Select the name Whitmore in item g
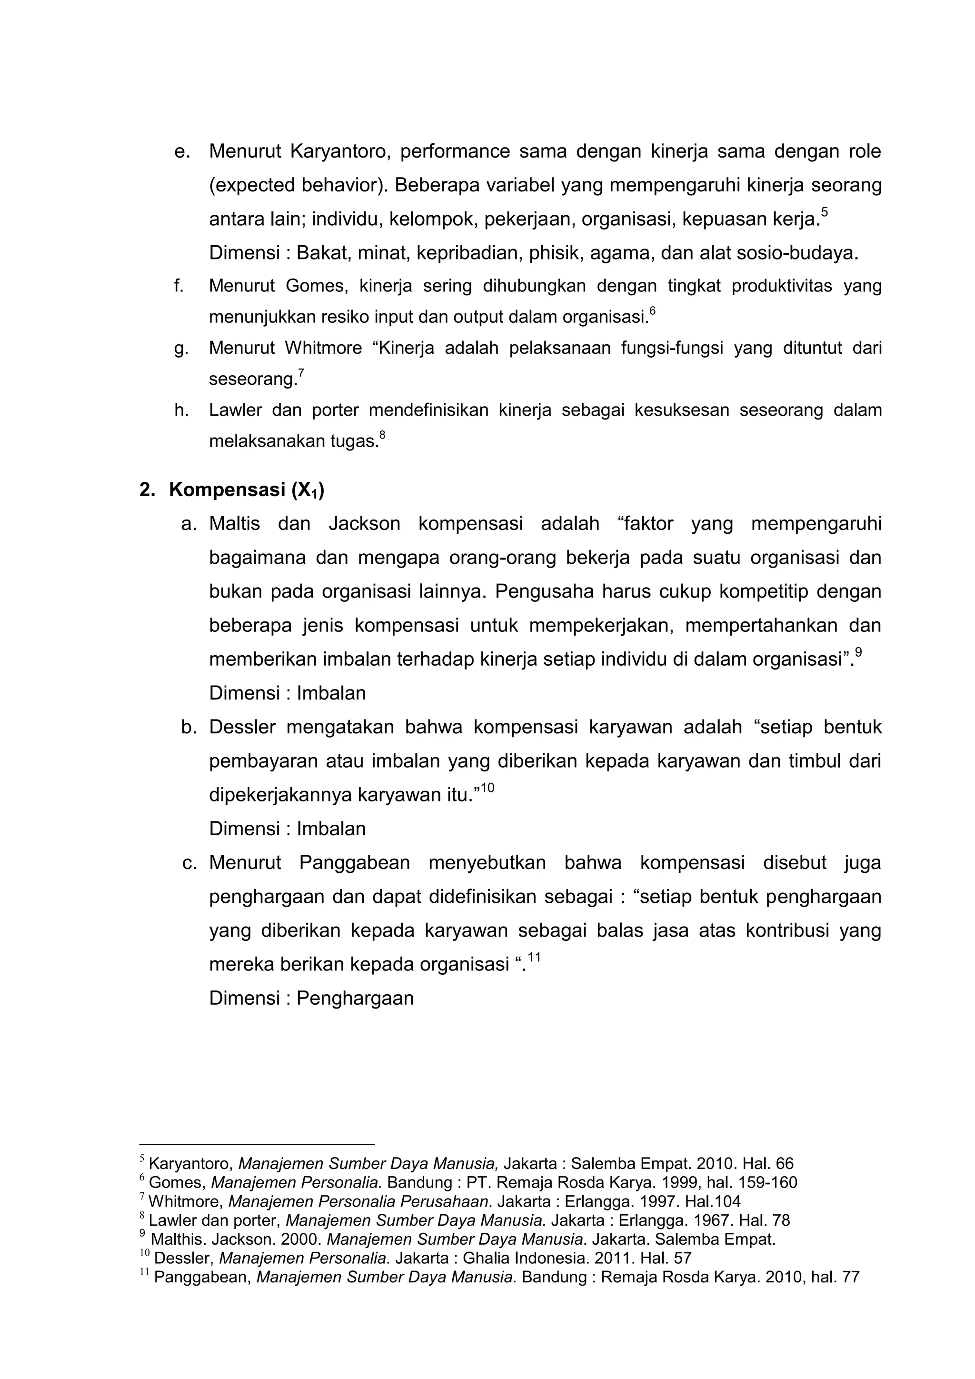click(324, 348)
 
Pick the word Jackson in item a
click(364, 524)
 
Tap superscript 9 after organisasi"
click(858, 652)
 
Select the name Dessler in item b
click(242, 727)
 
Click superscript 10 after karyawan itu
click(487, 788)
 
